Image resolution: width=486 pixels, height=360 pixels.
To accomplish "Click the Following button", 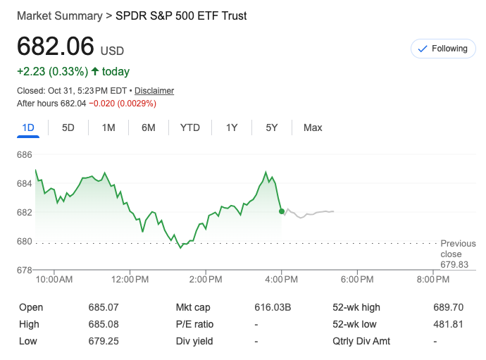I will coord(442,49).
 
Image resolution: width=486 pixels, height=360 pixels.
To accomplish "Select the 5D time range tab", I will coord(68,128).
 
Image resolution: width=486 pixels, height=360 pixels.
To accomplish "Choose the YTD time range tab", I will coord(189,128).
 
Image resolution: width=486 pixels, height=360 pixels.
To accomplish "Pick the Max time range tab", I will coord(313,128).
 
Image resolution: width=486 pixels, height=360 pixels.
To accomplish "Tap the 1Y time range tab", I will coord(232,128).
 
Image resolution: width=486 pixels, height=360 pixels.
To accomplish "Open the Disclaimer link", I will coord(154,91).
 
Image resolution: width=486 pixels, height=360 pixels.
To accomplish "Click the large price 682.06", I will coord(56,46).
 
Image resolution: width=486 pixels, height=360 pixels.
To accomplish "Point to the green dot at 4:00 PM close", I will coord(282,211).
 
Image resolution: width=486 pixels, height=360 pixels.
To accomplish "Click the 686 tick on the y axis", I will coord(25,154).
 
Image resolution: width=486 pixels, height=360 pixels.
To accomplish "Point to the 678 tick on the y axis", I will coord(25,270).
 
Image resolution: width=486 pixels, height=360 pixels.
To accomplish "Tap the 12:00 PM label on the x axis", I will coord(130,280).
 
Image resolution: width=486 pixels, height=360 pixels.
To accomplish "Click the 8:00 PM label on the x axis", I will coord(432,280).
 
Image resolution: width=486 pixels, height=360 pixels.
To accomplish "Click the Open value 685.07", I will coord(104,307).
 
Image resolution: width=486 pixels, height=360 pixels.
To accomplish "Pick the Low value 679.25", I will coord(104,341).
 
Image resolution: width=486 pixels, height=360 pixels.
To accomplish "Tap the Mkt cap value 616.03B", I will coord(273,307).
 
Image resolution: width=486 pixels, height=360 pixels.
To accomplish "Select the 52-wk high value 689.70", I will coord(448,307).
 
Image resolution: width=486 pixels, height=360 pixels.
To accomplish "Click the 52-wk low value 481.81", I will coord(448,324).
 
